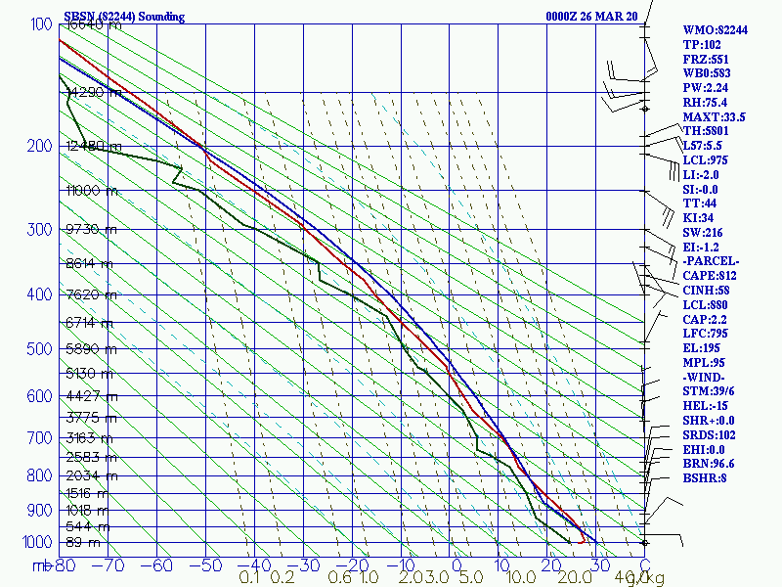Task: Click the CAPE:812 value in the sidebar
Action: pyautogui.click(x=710, y=276)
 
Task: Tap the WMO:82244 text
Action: pyautogui.click(x=715, y=30)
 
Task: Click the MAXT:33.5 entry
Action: pyautogui.click(x=714, y=116)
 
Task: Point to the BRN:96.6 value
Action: pyautogui.click(x=709, y=464)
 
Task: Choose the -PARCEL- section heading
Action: pyautogui.click(x=711, y=261)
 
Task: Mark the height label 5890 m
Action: pyautogui.click(x=88, y=349)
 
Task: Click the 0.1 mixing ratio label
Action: pyautogui.click(x=249, y=578)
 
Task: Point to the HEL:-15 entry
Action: pyautogui.click(x=706, y=406)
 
